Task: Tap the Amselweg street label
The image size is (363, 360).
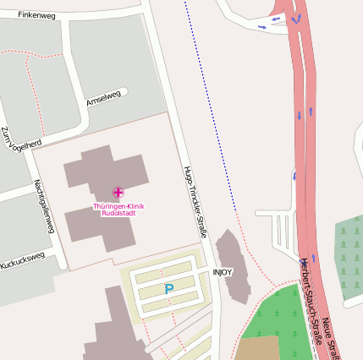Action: pos(104,98)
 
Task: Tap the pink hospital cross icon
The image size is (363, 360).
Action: pos(118,194)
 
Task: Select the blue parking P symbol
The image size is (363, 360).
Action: pos(168,289)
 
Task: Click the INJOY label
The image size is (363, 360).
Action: pos(222,272)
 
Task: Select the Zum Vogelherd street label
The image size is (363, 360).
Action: pos(20,140)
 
